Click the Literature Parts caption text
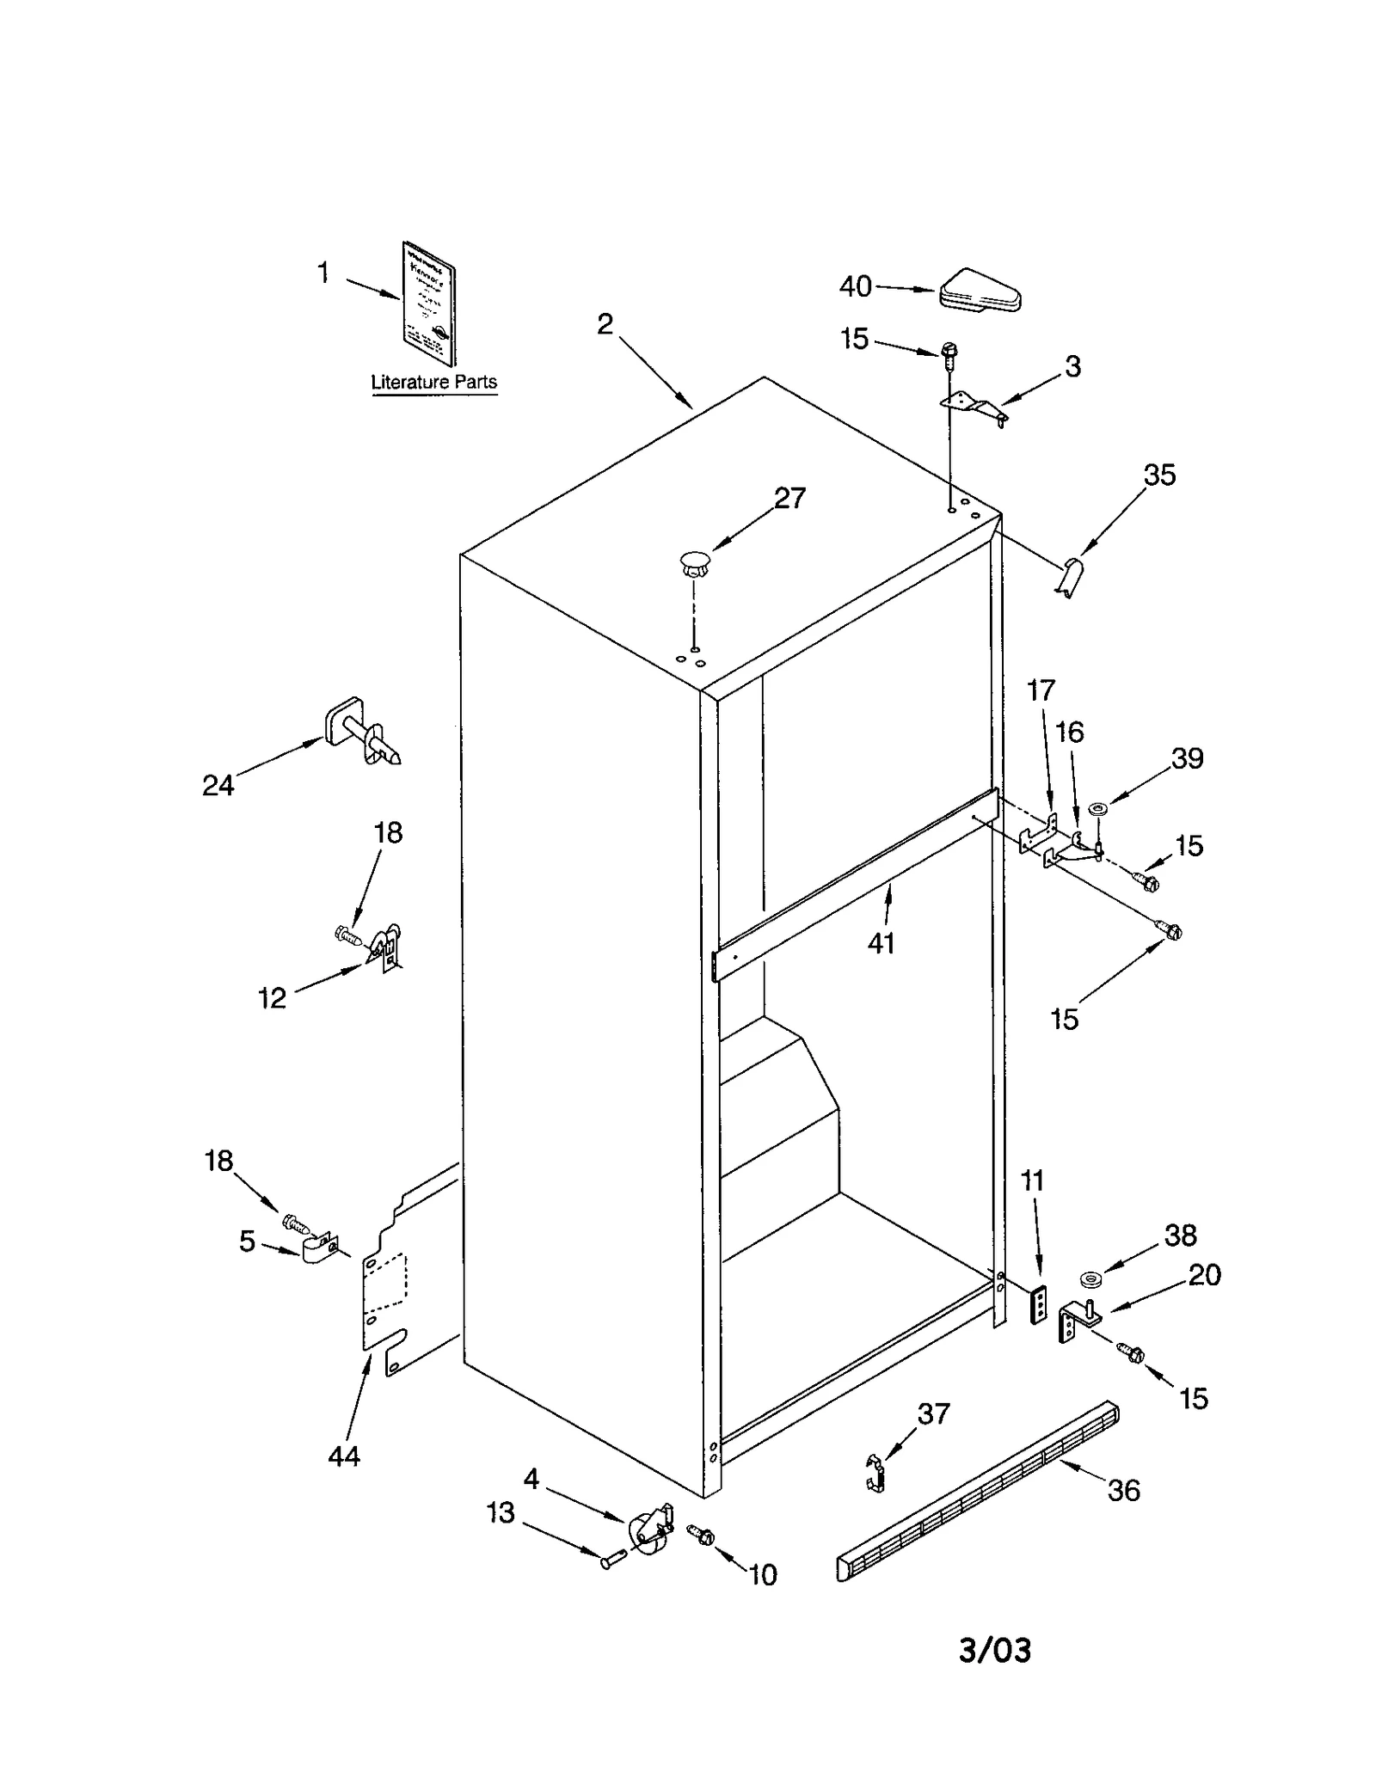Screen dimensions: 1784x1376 point(433,382)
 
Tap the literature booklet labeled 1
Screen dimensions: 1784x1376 point(429,303)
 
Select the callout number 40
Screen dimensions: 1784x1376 point(855,286)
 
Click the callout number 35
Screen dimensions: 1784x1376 point(1159,475)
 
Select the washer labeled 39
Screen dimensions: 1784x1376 point(1098,809)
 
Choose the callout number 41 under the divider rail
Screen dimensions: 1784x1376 point(881,943)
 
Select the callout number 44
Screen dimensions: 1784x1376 point(344,1456)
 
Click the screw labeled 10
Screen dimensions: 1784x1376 point(702,1535)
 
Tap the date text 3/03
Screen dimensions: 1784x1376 point(995,1650)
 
